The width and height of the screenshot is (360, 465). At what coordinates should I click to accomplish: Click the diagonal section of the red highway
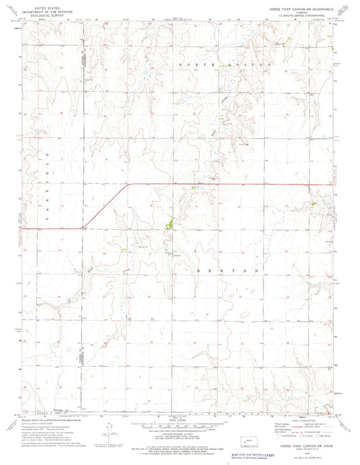[105, 206]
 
